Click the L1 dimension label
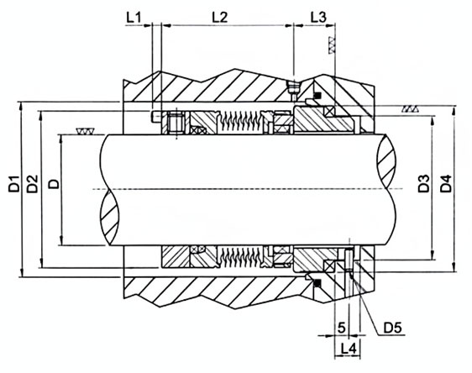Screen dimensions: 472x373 (x=134, y=18)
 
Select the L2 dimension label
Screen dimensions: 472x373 (x=220, y=18)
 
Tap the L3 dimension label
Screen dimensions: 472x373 (x=318, y=18)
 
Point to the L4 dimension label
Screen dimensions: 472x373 (x=349, y=349)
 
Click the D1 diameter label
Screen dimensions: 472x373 (x=14, y=184)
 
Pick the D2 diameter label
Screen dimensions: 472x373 (x=32, y=184)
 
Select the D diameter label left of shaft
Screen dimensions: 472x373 (x=54, y=184)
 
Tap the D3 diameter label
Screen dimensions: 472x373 (x=424, y=183)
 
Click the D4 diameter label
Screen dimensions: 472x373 (x=446, y=183)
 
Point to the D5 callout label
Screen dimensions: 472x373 (x=392, y=328)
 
